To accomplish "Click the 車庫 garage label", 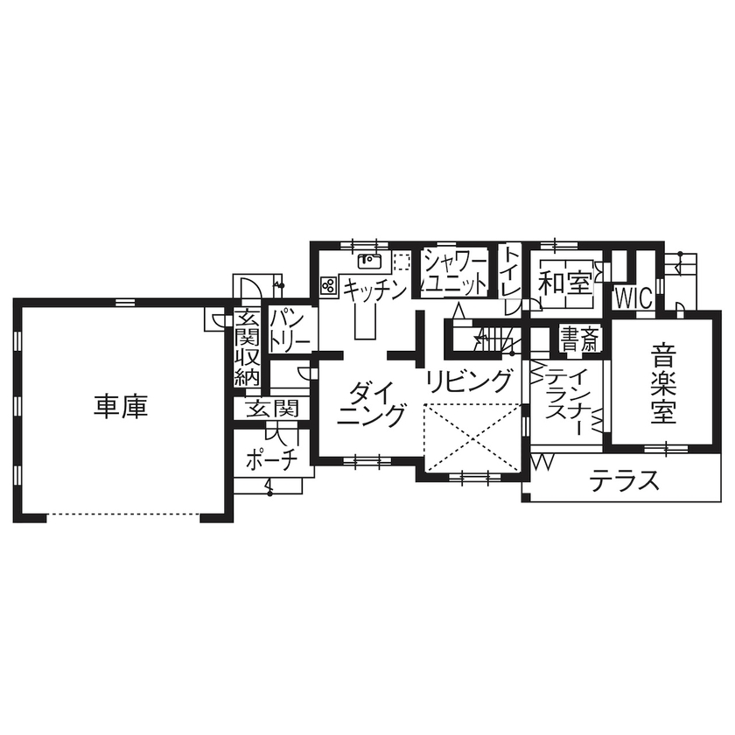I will pyautogui.click(x=122, y=406).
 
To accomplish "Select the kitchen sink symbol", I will pyautogui.click(x=369, y=259).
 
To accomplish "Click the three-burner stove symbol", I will pyautogui.click(x=330, y=284).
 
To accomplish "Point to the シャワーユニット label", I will pyautogui.click(x=455, y=272).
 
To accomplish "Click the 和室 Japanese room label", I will pyautogui.click(x=563, y=283).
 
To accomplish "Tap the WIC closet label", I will pyautogui.click(x=633, y=297).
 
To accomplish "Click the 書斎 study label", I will pyautogui.click(x=578, y=339).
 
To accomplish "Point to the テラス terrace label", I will pyautogui.click(x=623, y=480).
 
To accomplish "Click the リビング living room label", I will pyautogui.click(x=469, y=381).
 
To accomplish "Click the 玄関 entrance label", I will pyautogui.click(x=271, y=408).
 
